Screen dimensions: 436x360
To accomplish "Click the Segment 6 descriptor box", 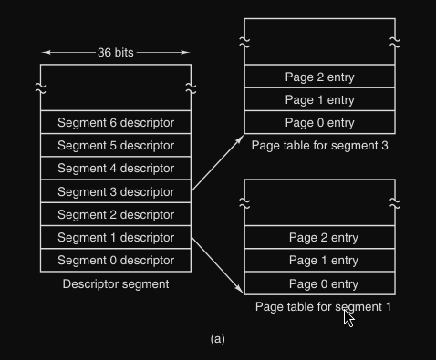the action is click(x=116, y=122).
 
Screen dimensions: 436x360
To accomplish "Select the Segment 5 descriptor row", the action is click(x=116, y=145).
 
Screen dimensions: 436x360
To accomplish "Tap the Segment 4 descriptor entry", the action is click(x=116, y=168).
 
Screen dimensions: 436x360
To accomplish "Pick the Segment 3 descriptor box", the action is click(x=116, y=191).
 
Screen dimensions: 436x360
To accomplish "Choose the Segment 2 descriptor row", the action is click(x=116, y=214).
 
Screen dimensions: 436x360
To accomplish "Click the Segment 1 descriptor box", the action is click(x=116, y=237).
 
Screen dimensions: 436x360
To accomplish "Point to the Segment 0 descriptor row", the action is click(x=116, y=261).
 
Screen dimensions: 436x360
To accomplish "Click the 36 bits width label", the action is click(x=116, y=53).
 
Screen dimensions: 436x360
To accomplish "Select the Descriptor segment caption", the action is click(x=116, y=284).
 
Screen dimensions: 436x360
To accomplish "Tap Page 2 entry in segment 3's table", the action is click(x=320, y=77).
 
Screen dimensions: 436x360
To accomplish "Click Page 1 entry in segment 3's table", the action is click(x=320, y=99).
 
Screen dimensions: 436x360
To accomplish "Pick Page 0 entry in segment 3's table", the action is click(x=320, y=122).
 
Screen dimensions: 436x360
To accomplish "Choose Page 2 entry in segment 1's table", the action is click(x=320, y=237).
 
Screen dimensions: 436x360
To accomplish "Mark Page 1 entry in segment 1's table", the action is click(x=320, y=261).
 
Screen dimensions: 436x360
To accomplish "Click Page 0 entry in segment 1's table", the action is click(x=320, y=283).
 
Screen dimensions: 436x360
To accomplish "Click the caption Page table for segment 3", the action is click(x=320, y=146).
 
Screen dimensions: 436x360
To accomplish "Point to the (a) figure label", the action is click(x=218, y=339).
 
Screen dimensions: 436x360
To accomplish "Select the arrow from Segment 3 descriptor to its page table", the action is click(x=218, y=163).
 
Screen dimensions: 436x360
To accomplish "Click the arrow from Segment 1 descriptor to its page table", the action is click(x=218, y=266).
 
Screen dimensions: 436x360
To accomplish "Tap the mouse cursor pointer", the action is click(x=348, y=318).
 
